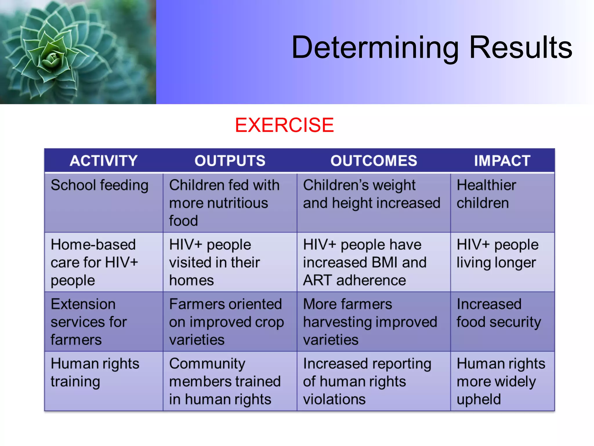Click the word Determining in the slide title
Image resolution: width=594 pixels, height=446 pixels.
(x=375, y=48)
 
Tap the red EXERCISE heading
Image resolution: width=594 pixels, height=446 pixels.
(x=284, y=125)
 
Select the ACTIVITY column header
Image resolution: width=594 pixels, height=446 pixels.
(x=104, y=161)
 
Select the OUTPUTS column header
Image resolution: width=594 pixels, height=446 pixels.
(x=230, y=161)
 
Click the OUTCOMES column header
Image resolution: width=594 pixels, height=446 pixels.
(x=374, y=161)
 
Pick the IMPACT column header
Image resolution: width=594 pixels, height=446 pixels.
(x=502, y=161)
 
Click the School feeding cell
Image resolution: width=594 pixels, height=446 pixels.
(x=99, y=186)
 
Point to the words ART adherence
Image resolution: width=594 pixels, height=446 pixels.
(x=354, y=280)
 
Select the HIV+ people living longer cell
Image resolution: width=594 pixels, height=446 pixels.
(x=497, y=253)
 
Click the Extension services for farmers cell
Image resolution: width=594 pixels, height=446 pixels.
(x=88, y=322)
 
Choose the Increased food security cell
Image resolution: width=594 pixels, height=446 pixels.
(x=499, y=313)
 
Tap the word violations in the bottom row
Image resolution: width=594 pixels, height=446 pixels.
(x=334, y=399)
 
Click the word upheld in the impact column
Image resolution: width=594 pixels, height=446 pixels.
(x=479, y=399)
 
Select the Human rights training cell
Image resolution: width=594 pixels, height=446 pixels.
(x=95, y=373)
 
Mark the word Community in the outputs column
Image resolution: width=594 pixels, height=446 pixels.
(x=207, y=364)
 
